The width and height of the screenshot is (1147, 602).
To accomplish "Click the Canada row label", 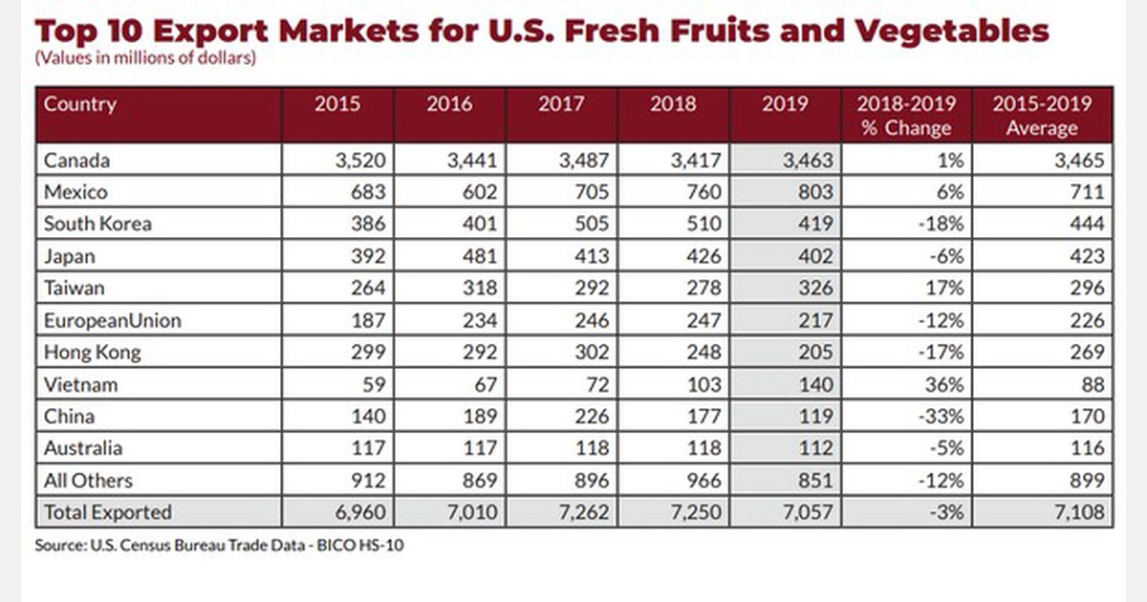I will click(76, 160).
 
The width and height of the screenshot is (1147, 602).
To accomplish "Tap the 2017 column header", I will click(561, 104).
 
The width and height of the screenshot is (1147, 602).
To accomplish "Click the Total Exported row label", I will click(108, 511).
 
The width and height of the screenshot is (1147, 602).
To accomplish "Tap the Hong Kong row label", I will click(93, 352).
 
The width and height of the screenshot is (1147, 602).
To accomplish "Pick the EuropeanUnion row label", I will click(113, 320).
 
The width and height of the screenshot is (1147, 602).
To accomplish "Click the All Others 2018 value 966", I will click(702, 480).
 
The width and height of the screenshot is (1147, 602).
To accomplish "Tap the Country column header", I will click(80, 104).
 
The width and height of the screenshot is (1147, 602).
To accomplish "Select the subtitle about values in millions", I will click(145, 58).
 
